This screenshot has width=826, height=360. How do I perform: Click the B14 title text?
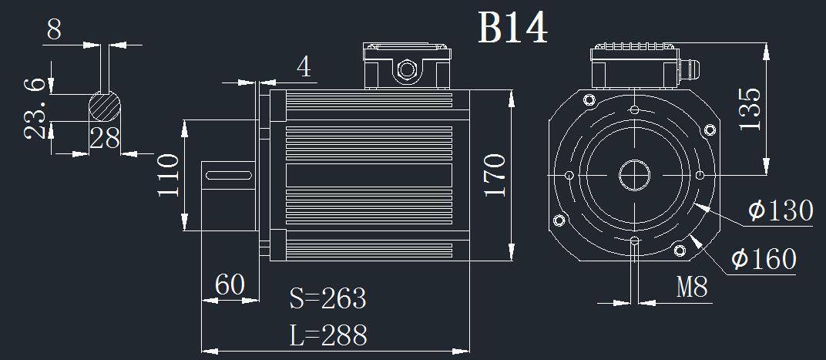point(512,29)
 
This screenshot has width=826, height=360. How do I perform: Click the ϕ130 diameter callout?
point(781,210)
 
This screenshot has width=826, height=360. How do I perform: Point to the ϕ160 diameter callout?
point(764,259)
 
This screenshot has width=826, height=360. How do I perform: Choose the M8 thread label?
point(691,288)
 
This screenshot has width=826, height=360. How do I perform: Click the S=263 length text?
point(327,298)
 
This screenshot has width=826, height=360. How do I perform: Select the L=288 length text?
point(328,335)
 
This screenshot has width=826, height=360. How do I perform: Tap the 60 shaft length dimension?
point(230,285)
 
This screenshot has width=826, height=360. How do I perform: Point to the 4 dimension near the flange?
point(304,68)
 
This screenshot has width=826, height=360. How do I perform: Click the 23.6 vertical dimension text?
point(34,108)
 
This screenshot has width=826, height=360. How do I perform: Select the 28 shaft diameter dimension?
point(105,139)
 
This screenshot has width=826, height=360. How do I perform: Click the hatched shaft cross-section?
point(105,106)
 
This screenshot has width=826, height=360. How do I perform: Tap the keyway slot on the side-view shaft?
point(230,177)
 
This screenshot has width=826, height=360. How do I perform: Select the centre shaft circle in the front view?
point(634,175)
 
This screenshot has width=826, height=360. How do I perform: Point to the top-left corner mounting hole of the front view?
point(589,99)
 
